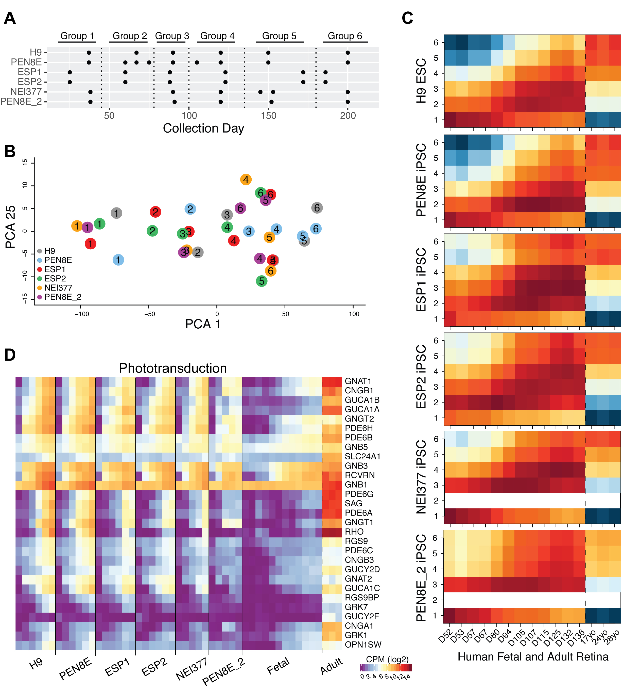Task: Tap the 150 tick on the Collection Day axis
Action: coord(268,116)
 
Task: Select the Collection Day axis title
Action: coord(203,128)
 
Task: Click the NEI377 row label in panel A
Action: coord(26,92)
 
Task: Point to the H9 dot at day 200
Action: coord(348,53)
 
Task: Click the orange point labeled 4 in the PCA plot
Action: coord(246,180)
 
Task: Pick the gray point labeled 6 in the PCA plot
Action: coord(317,208)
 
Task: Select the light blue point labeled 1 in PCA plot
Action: coord(118,260)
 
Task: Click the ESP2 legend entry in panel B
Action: coord(55,279)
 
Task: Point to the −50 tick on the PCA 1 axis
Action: coord(149,314)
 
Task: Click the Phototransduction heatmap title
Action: coord(172,368)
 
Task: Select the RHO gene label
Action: coord(354,532)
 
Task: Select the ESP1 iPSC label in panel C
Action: coord(421,280)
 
